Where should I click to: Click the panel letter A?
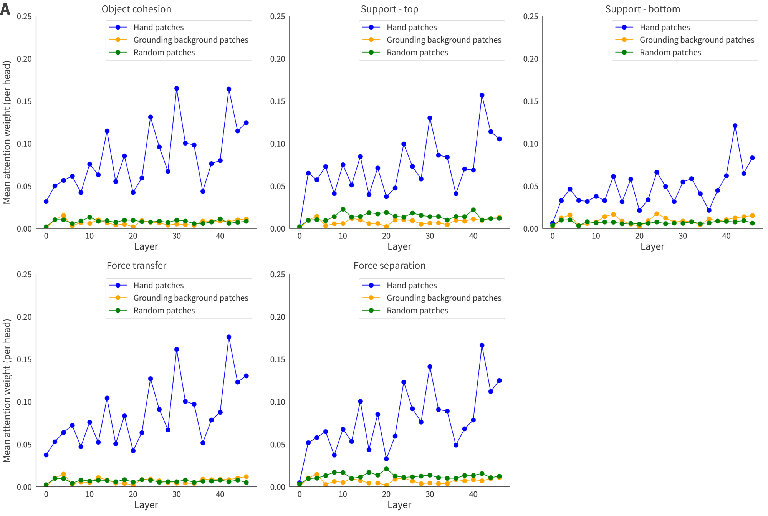point(5,8)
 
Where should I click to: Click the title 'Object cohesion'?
point(136,9)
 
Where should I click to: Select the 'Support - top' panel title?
point(389,9)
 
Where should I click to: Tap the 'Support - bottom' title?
point(642,9)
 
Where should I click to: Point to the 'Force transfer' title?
point(136,265)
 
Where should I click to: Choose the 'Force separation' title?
point(389,265)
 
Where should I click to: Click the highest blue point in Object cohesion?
point(177,88)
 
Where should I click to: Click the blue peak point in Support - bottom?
point(735,126)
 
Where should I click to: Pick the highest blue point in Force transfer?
point(229,337)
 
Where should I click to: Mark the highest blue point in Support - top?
point(482,95)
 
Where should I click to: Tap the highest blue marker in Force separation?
point(482,345)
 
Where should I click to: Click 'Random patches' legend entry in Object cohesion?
point(164,52)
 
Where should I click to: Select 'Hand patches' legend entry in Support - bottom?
point(664,27)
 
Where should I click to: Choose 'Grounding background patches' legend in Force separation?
point(444,298)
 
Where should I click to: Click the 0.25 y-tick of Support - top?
point(278,17)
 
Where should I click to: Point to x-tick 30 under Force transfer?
point(177,494)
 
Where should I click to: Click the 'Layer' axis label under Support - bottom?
point(652,246)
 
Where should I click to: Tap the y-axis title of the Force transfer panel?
point(7,390)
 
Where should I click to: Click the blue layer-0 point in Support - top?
point(300,227)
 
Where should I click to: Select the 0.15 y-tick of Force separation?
point(278,359)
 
